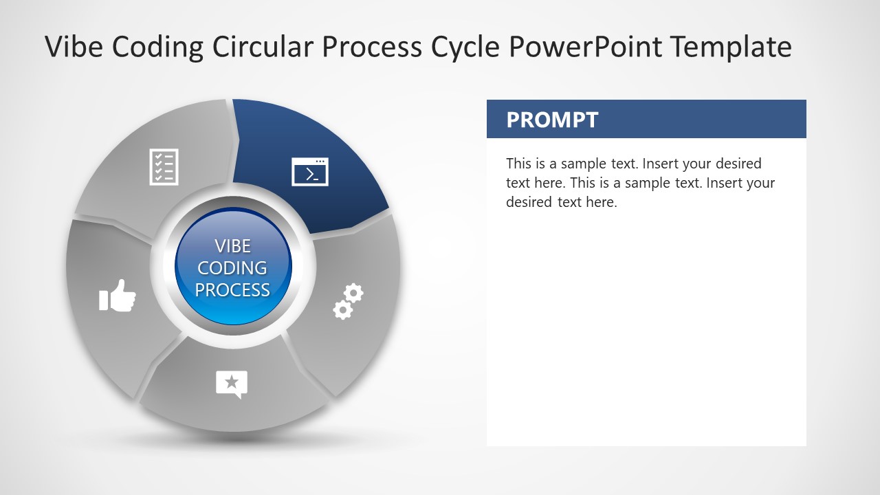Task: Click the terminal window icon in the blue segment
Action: point(310,172)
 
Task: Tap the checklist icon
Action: point(164,166)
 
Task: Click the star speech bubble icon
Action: point(232,384)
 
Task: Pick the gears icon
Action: point(348,301)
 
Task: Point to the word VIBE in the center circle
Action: point(233,246)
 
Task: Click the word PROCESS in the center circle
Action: point(233,290)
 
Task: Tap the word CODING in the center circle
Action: point(233,268)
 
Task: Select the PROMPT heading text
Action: point(552,120)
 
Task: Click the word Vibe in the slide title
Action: point(74,47)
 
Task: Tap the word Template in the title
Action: point(731,47)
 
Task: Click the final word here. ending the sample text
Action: point(602,202)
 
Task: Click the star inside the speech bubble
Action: point(232,381)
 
